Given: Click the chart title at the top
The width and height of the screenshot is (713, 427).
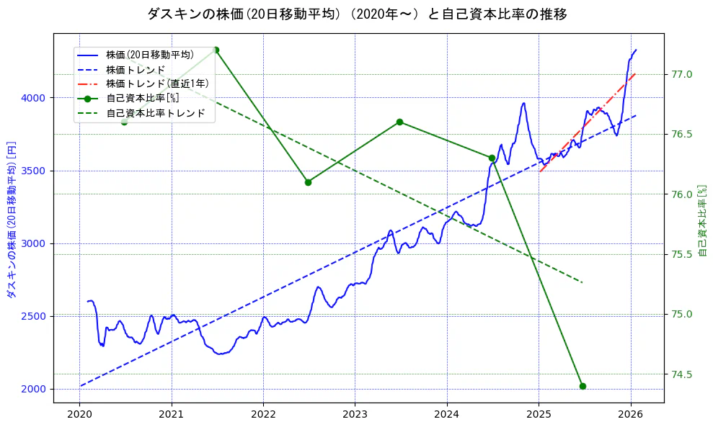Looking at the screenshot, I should (x=356, y=14).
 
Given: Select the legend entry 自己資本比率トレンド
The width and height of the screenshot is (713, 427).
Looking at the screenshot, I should (x=155, y=113).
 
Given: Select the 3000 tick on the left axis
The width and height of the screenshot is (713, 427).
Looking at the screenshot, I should (x=35, y=243).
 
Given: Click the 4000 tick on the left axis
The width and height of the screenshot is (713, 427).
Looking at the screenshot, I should (x=35, y=98).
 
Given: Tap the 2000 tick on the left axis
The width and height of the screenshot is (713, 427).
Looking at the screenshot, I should (x=35, y=389).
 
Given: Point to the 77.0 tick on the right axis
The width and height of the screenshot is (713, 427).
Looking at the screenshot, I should (x=682, y=74).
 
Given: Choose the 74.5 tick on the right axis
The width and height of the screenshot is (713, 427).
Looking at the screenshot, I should (x=682, y=374).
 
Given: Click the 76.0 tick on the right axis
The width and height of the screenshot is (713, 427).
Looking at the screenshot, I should (x=682, y=194).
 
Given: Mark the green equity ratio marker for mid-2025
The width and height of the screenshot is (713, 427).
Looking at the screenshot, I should (x=583, y=386).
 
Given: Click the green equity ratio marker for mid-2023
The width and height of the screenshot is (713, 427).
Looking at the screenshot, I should (x=399, y=122).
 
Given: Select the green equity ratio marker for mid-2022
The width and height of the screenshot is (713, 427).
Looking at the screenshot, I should (x=308, y=182).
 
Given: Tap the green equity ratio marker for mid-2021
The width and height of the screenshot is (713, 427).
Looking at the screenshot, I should (x=216, y=50).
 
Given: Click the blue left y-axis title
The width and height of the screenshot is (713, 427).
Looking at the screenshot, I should (x=11, y=220).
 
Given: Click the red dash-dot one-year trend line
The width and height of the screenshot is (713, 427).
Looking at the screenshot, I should (x=588, y=122).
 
